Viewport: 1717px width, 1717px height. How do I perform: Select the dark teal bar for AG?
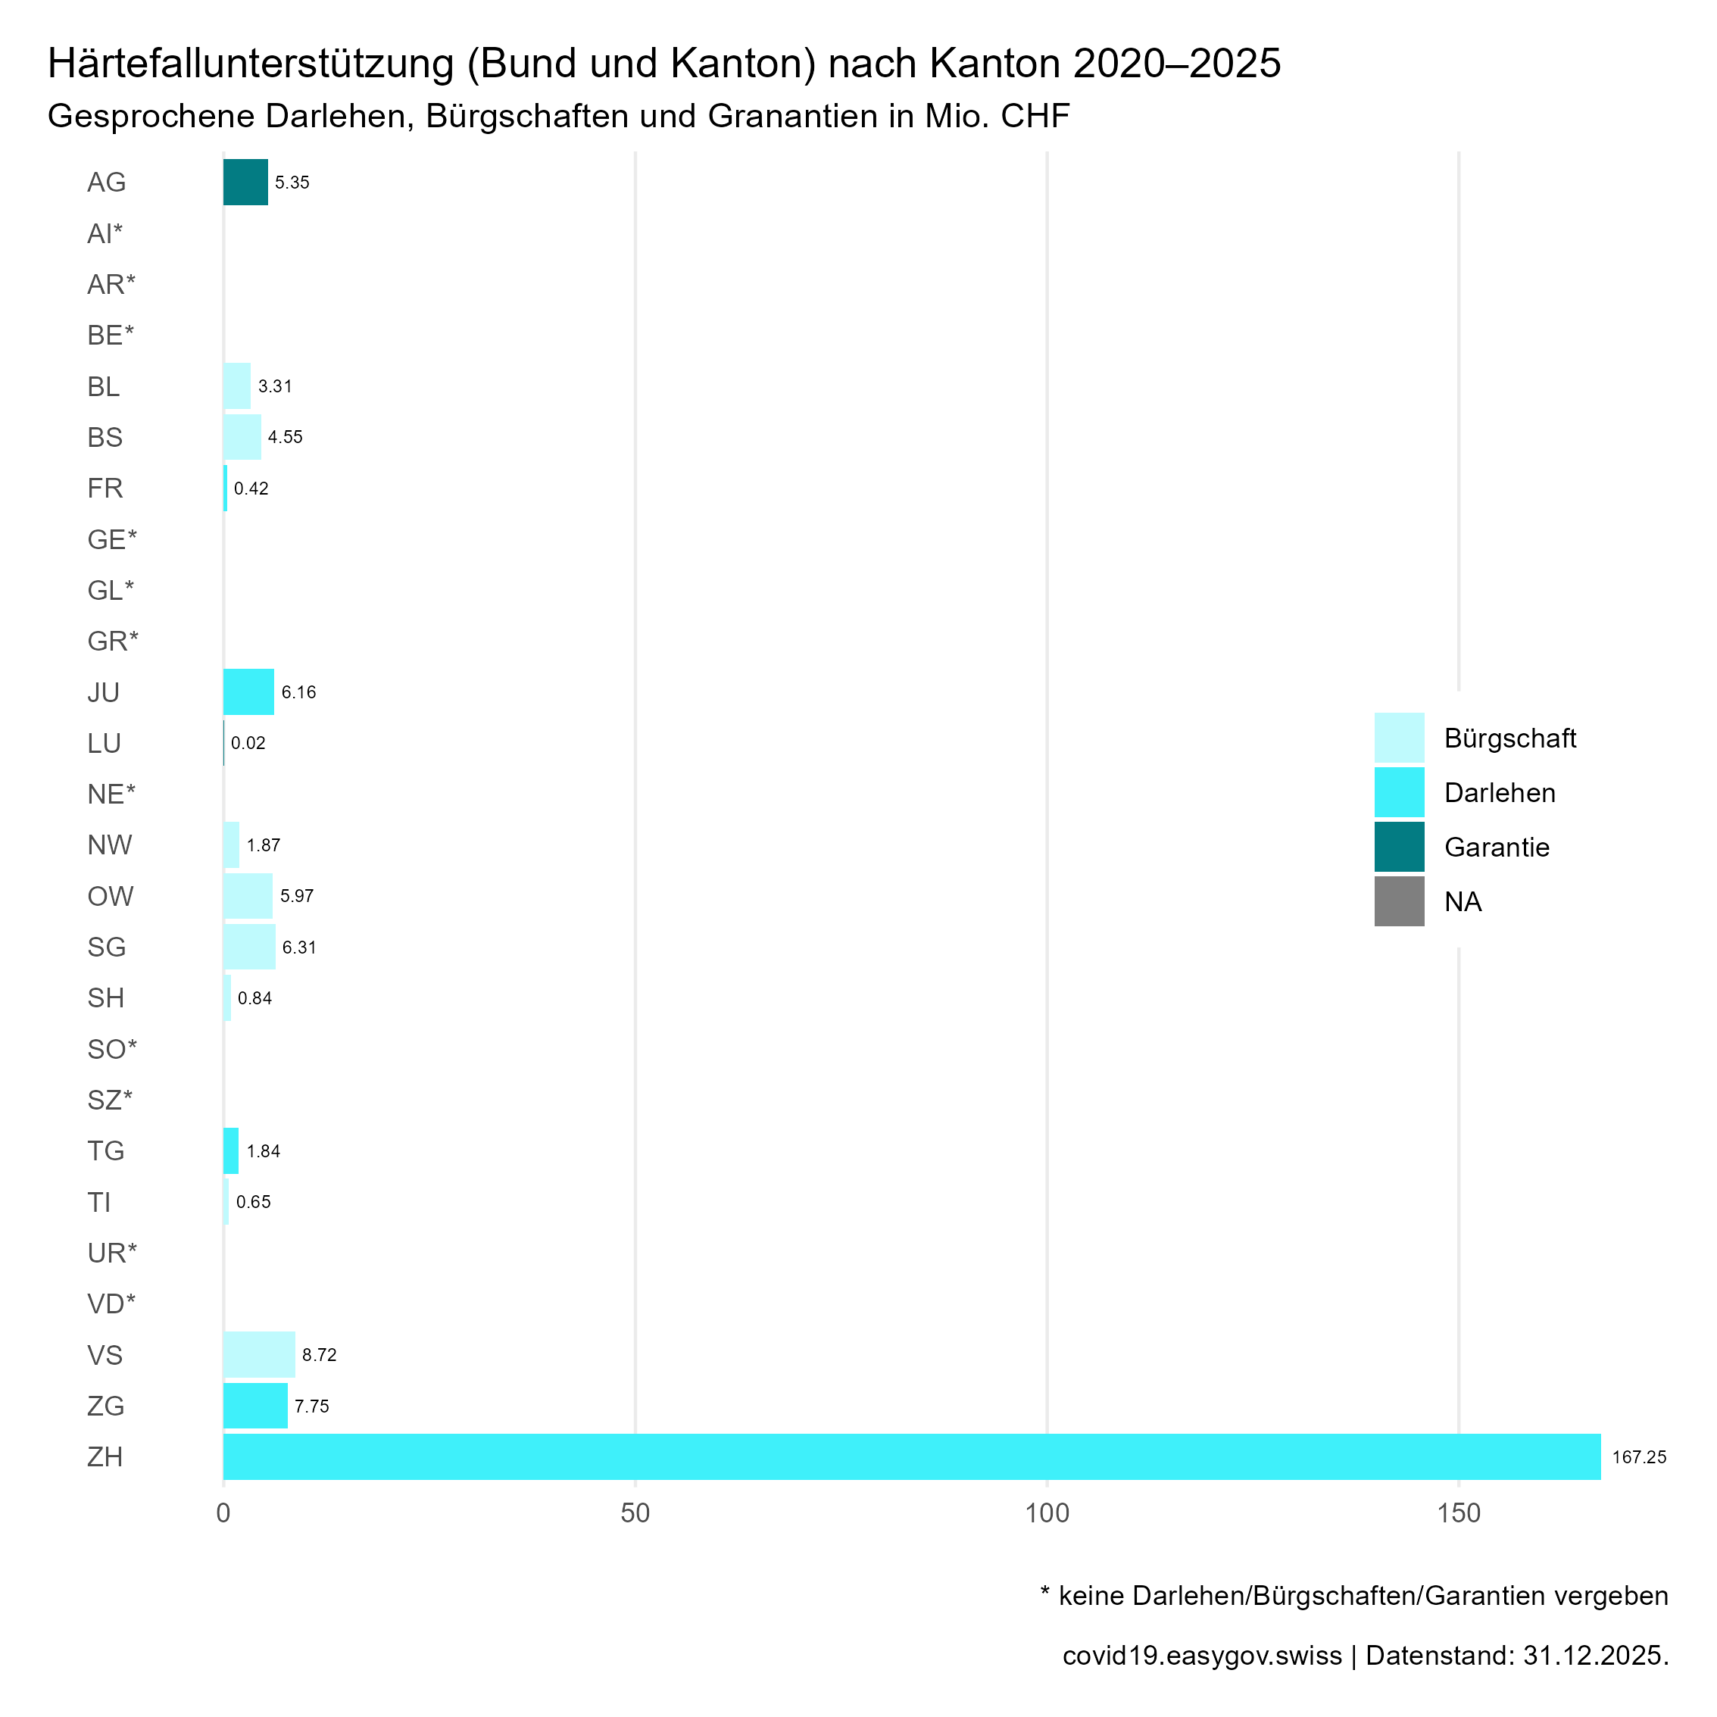(x=245, y=183)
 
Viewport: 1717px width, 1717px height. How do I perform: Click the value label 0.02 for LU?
(x=248, y=743)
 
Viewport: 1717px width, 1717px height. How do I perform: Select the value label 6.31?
(x=299, y=947)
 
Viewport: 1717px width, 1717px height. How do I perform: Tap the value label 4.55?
(x=286, y=437)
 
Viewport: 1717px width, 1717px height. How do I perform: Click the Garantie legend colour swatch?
(x=1399, y=847)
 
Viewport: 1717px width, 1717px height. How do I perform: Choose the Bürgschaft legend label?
(x=1510, y=738)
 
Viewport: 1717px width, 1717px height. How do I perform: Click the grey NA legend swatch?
(x=1399, y=901)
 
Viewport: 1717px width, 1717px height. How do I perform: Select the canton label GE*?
(x=112, y=539)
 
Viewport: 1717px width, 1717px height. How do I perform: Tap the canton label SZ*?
(x=109, y=1100)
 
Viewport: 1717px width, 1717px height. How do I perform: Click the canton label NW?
(x=109, y=845)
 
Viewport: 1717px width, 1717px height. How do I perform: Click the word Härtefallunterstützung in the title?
(x=251, y=64)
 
